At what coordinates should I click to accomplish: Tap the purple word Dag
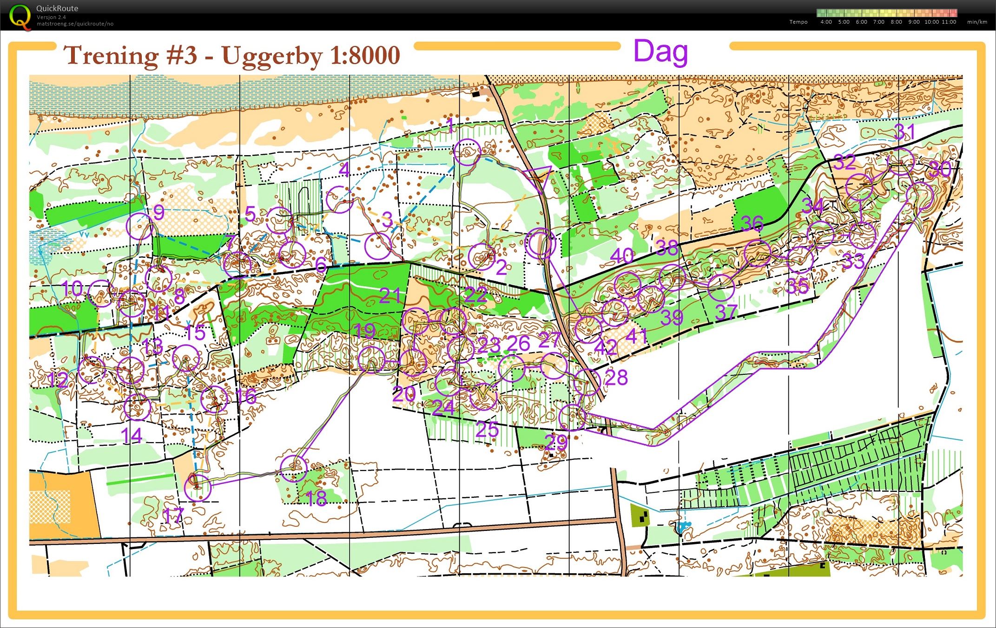pyautogui.click(x=660, y=52)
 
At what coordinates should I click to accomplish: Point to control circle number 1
pyautogui.click(x=466, y=152)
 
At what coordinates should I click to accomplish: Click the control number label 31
pyautogui.click(x=904, y=132)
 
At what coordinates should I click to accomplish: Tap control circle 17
pyautogui.click(x=198, y=488)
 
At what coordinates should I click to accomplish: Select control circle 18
pyautogui.click(x=294, y=468)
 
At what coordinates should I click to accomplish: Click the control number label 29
pyautogui.click(x=556, y=442)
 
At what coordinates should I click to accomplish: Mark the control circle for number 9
pyautogui.click(x=139, y=226)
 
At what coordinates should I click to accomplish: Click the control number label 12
pyautogui.click(x=58, y=380)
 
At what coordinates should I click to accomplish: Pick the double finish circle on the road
pyautogui.click(x=540, y=243)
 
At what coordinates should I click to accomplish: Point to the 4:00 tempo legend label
pyautogui.click(x=826, y=22)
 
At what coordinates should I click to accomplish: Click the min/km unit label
pyautogui.click(x=977, y=22)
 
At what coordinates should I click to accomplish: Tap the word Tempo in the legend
pyautogui.click(x=798, y=22)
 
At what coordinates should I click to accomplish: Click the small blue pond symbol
pyautogui.click(x=682, y=526)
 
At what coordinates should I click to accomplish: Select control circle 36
pyautogui.click(x=757, y=253)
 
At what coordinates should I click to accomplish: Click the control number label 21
pyautogui.click(x=390, y=295)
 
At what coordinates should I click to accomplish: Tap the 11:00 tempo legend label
pyautogui.click(x=949, y=22)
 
